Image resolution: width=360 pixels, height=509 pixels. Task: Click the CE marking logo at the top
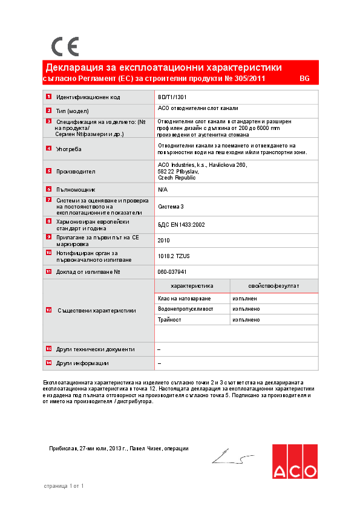click(x=65, y=46)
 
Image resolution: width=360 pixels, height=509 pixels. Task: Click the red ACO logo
click(x=294, y=462)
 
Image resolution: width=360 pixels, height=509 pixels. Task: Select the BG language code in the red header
click(x=304, y=79)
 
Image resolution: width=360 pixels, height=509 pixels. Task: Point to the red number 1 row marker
click(x=48, y=97)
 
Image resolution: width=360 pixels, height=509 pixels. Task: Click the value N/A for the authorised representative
click(x=162, y=189)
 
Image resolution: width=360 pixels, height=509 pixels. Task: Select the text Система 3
click(x=171, y=206)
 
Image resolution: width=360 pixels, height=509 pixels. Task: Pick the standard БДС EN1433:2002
click(x=182, y=224)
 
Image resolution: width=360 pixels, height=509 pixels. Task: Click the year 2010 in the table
click(x=163, y=240)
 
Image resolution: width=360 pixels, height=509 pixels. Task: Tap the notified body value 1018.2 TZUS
click(x=178, y=256)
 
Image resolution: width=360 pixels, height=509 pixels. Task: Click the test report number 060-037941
click(x=176, y=272)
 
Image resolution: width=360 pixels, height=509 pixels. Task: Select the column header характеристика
click(x=192, y=286)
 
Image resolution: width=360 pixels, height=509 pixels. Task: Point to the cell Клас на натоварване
click(x=184, y=299)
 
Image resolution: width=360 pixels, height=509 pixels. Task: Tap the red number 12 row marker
click(x=48, y=310)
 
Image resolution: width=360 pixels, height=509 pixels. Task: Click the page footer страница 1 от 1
click(x=64, y=485)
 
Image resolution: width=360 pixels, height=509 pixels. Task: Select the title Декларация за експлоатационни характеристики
click(x=163, y=67)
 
